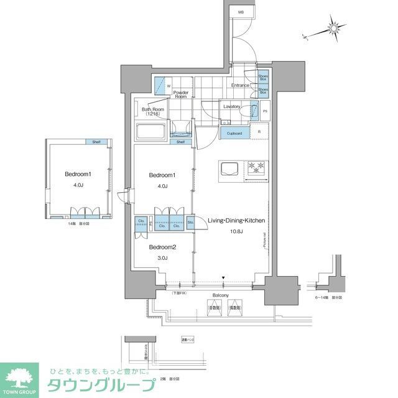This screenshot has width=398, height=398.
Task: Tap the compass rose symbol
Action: [336, 29]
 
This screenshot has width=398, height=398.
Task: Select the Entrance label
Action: [240, 85]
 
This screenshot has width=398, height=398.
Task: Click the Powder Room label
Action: [180, 94]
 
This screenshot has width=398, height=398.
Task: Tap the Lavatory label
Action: [233, 106]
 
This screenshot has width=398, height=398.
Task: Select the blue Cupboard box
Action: [234, 132]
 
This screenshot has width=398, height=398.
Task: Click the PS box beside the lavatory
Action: [265, 111]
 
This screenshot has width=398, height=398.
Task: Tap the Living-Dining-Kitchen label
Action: [236, 221]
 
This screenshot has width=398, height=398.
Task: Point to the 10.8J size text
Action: [236, 231]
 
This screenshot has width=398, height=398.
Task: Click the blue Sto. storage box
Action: [190, 221]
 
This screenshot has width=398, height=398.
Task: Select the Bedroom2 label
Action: [161, 247]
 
